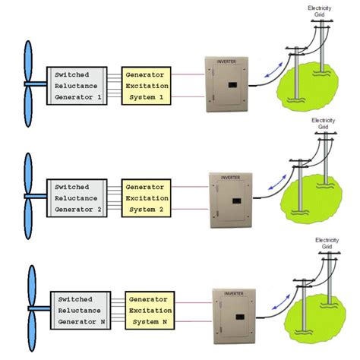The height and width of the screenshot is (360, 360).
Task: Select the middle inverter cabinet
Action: (230, 198)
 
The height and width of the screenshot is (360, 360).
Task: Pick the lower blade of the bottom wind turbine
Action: (31, 336)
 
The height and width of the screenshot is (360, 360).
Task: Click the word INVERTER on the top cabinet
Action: (226, 60)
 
